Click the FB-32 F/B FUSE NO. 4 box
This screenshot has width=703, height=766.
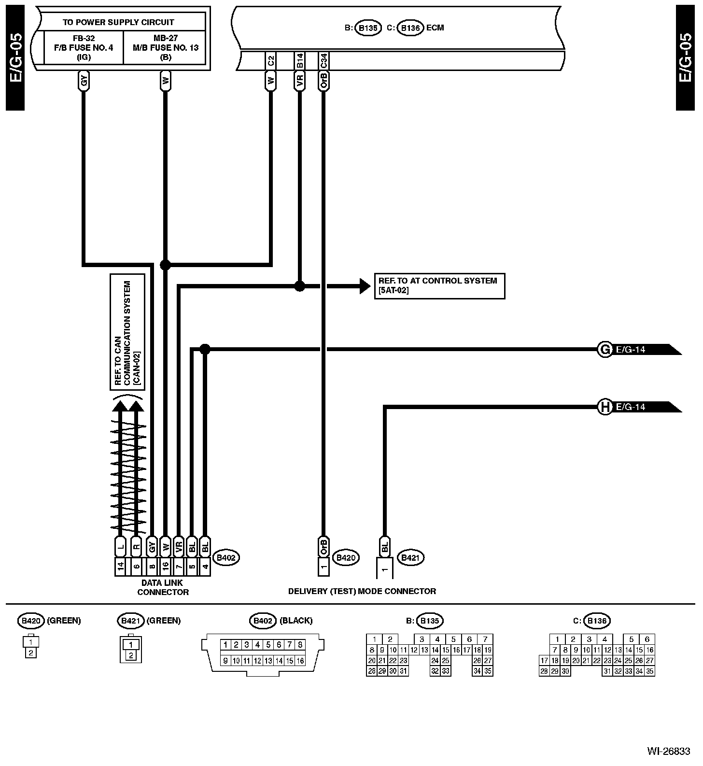(84, 47)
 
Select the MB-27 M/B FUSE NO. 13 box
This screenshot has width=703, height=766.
(165, 47)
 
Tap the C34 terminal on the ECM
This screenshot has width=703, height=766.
(324, 60)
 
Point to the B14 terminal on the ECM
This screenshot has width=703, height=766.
(300, 60)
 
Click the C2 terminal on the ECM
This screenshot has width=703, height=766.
(270, 60)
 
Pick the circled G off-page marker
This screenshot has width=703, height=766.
(605, 349)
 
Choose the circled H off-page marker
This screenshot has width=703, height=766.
(605, 407)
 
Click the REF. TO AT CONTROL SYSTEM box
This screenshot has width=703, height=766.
(439, 286)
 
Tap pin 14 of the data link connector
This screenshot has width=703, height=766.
(120, 567)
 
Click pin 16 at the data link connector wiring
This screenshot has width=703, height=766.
(165, 567)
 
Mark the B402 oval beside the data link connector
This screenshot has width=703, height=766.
(225, 558)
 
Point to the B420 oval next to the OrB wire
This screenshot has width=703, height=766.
(346, 558)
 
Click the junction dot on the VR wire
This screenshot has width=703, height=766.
(300, 286)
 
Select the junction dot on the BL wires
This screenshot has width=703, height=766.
(205, 349)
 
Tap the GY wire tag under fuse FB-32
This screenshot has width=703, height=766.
(84, 81)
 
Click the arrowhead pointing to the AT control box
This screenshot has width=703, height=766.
(365, 286)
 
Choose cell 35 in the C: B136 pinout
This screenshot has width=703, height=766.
(649, 671)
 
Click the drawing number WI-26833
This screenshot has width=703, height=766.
(669, 751)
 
